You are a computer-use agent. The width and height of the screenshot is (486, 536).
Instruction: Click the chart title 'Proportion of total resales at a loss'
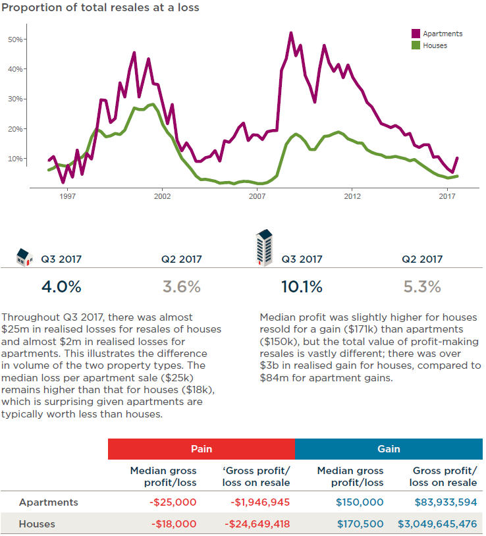click(x=100, y=8)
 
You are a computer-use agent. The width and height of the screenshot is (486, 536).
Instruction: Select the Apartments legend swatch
click(x=416, y=34)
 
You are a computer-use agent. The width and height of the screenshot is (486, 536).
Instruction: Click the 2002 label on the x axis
click(x=162, y=196)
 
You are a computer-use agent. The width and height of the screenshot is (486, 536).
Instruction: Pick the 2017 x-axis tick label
click(x=447, y=196)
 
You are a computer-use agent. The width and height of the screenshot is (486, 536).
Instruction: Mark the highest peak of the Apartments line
click(x=290, y=32)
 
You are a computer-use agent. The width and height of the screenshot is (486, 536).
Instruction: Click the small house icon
click(x=24, y=256)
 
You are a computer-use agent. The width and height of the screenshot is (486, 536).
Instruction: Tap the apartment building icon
click(x=264, y=248)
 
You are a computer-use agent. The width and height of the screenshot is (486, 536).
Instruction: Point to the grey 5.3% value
click(x=422, y=287)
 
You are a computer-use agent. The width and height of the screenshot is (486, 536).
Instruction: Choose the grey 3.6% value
click(x=181, y=287)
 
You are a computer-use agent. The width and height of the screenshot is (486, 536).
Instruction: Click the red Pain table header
click(x=201, y=448)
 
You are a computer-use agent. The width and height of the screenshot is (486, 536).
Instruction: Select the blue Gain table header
click(x=389, y=448)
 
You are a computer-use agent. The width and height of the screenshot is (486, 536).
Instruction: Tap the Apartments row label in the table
click(x=49, y=502)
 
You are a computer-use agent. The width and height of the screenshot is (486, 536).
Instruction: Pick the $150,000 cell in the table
click(x=360, y=502)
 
